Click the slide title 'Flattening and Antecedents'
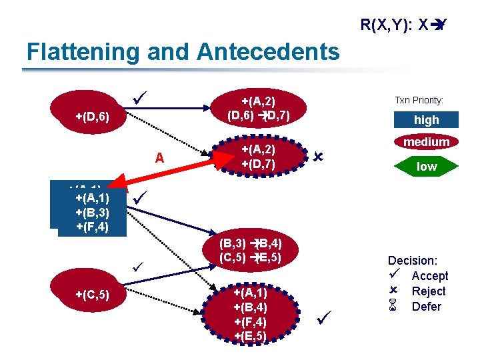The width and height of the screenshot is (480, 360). coord(182,51)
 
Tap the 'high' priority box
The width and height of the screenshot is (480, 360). coord(426,120)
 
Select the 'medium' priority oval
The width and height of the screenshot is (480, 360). coord(426,142)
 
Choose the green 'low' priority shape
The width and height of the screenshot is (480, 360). coord(426,167)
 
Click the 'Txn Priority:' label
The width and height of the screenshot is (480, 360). coord(419,100)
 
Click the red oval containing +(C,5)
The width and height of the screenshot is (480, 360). coord(93,293)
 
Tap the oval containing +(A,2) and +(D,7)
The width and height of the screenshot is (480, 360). coord(259,157)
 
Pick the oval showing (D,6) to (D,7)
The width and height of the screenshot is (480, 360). coord(259,109)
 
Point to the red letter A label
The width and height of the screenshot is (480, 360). coord(159,158)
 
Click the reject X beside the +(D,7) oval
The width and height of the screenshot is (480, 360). coord(318,157)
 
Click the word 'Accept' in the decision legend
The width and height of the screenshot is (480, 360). coord(430,276)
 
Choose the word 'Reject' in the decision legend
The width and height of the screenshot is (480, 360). coord(429,291)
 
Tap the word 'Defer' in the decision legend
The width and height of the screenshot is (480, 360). coord(427,307)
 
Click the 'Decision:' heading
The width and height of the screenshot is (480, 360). coord(413,261)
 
